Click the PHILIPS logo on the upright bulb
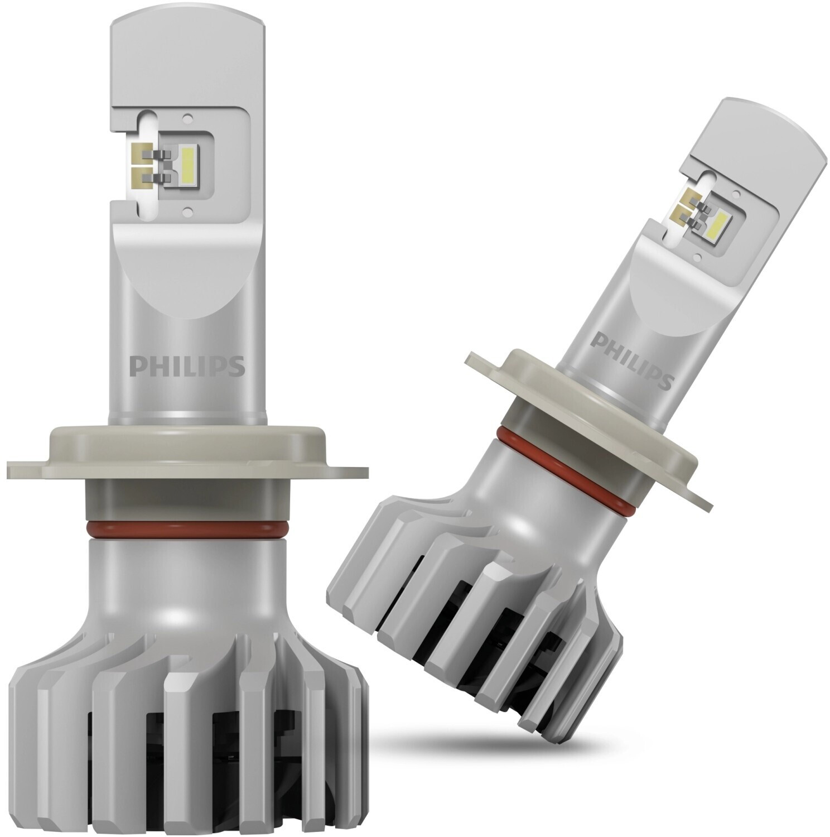tap(187, 365)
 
